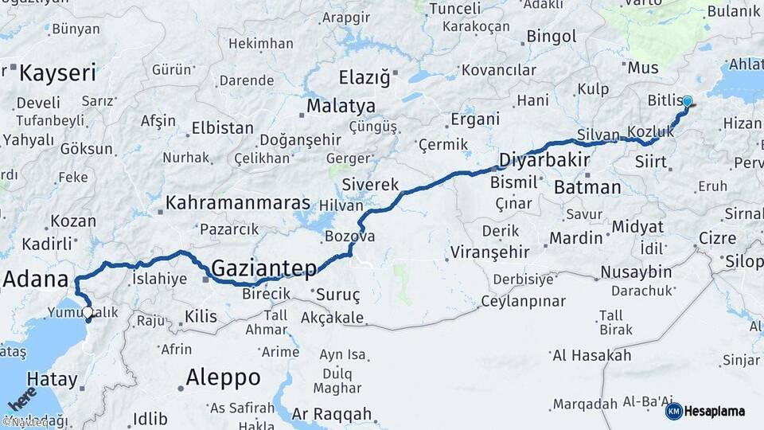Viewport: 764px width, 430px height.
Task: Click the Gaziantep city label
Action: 264,268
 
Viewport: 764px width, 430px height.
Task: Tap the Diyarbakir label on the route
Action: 544,161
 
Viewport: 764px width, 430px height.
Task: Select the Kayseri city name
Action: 57,74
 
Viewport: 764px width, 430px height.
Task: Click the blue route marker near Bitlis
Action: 688,102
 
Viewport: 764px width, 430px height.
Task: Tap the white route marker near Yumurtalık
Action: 87,313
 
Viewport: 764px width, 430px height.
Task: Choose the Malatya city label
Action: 341,106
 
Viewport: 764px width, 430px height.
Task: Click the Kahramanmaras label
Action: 237,203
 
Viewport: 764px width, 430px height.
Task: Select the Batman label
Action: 587,188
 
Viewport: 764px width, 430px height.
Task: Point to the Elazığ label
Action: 364,78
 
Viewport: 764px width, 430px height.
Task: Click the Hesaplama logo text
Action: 715,412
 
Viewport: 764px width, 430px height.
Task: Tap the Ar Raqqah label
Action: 332,414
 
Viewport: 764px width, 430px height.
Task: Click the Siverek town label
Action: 370,185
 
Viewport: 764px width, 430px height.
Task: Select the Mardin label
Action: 576,237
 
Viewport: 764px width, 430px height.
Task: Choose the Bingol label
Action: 552,37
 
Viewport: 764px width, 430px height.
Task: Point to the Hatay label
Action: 53,378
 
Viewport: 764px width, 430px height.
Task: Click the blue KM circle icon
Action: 674,411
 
